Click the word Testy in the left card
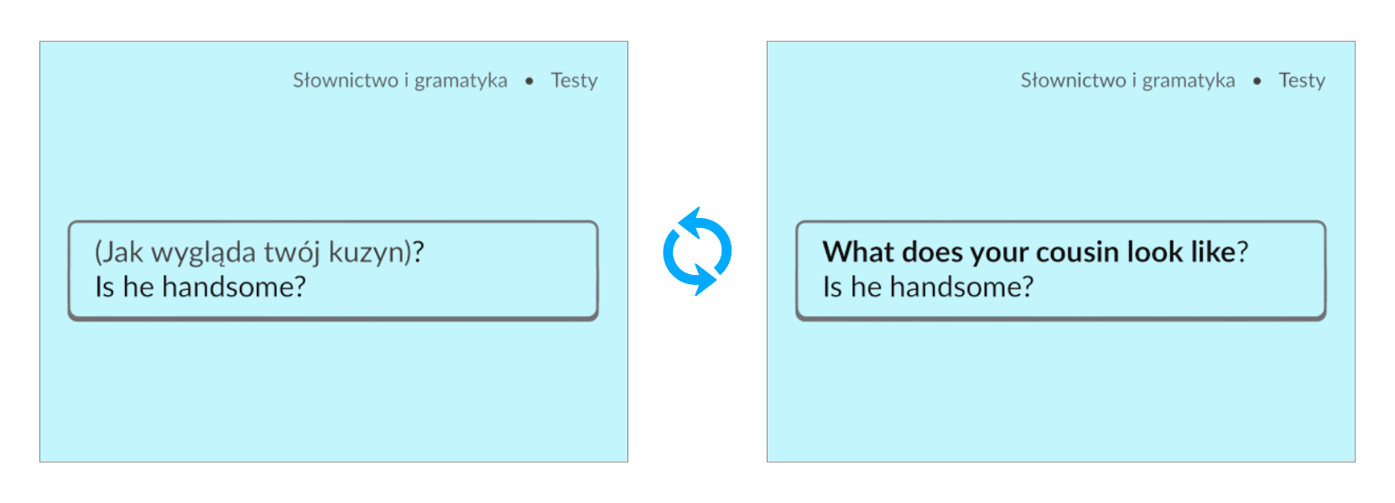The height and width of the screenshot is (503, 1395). tap(574, 80)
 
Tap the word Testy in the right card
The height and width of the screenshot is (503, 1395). tap(1302, 80)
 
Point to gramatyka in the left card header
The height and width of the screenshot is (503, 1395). tap(461, 81)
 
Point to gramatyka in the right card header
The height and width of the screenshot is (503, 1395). tap(1189, 81)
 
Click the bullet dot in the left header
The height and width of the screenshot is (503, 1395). tap(529, 81)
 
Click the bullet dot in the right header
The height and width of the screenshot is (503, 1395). tap(1257, 81)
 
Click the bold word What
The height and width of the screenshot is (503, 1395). tap(858, 252)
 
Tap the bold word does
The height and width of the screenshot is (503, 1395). tap(932, 252)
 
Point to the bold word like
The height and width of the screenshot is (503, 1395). tap(1213, 252)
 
